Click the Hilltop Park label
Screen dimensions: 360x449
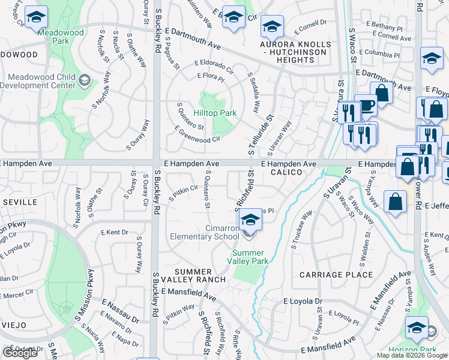[214, 113]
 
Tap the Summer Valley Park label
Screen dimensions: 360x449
[250, 256]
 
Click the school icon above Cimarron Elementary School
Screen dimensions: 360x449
[250, 220]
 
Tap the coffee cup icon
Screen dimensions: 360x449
[365, 106]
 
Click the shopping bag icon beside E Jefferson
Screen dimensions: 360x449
[396, 203]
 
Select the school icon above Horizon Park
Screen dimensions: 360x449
[417, 328]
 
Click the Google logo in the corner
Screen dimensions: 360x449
[20, 353]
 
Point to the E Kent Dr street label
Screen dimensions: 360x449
[115, 232]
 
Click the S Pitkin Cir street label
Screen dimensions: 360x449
[183, 193]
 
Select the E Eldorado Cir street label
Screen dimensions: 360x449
[214, 67]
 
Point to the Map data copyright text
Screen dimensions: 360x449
[412, 355]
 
